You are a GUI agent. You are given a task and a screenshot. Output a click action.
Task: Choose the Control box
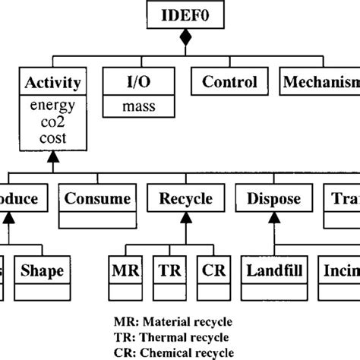pyautogui.click(x=229, y=82)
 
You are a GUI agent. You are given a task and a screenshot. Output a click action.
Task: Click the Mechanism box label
pyautogui.click(x=320, y=82)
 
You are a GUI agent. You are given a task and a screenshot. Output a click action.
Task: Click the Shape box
pyautogui.click(x=43, y=270)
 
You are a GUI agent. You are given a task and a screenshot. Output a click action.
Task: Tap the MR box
pyautogui.click(x=124, y=270)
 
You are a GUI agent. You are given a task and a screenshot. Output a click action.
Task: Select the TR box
pyautogui.click(x=168, y=270)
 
